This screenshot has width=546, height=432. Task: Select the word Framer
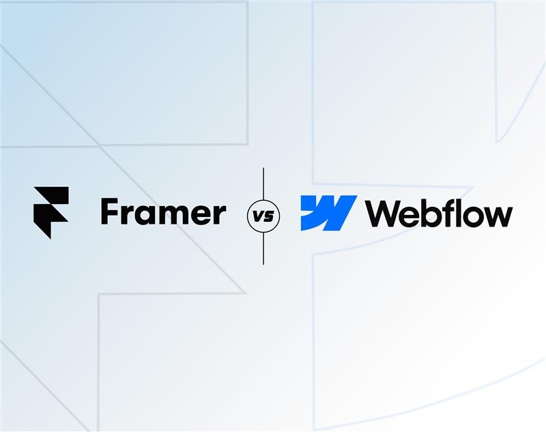162,213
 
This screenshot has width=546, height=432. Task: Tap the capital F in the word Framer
110,212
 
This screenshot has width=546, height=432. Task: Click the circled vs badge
263,215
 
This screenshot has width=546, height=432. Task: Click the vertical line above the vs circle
263,184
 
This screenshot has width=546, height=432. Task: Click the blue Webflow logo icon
328,213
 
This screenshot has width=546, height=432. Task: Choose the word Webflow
439,214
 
